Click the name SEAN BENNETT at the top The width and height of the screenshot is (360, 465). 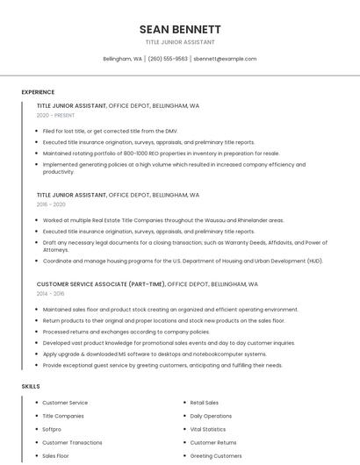click(180, 29)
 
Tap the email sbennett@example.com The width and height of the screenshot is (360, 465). click(225, 59)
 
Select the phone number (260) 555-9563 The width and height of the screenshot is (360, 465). click(168, 59)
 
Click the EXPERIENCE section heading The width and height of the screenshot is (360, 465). click(38, 92)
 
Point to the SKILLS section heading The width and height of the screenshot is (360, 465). click(31, 386)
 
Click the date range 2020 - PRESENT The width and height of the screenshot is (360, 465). click(56, 116)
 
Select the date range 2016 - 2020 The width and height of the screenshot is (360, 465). click(51, 204)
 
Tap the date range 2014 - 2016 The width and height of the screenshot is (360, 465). click(51, 294)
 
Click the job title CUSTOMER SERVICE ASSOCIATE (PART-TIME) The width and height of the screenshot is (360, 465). click(100, 284)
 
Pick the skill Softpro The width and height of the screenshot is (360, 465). click(52, 429)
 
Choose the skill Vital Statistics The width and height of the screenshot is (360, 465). click(208, 429)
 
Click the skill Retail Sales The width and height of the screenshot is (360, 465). click(205, 403)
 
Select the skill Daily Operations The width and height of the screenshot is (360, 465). click(211, 416)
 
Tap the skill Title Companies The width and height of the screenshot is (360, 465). click(63, 416)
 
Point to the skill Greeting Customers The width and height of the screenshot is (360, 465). click(216, 456)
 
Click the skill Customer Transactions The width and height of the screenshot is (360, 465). click(72, 442)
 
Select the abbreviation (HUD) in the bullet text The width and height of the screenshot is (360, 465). click(314, 261)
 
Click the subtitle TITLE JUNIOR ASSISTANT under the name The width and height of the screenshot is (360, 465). click(180, 42)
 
